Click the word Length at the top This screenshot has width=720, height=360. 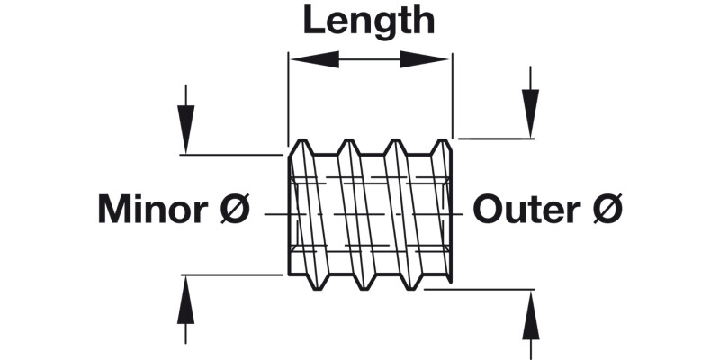368,21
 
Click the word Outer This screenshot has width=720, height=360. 525,210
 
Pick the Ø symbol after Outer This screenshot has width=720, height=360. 608,210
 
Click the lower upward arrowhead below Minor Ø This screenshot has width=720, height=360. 185,301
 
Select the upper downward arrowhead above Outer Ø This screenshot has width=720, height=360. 530,113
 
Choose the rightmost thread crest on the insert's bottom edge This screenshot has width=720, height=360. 414,287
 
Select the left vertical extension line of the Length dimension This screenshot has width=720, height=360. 287,99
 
